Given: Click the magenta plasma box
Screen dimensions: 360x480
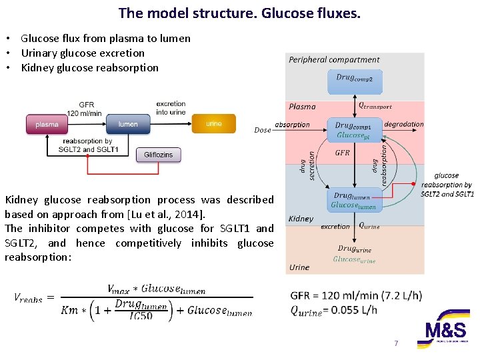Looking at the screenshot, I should (x=47, y=124).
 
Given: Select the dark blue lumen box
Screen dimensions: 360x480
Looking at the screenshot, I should (x=128, y=124).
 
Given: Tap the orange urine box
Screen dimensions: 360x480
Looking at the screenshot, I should (x=213, y=123).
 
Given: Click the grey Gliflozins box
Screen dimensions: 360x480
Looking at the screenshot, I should (x=158, y=155).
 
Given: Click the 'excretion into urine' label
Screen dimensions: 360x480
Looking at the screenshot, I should (x=171, y=108).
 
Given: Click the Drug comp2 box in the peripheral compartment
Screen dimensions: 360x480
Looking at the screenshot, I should (x=355, y=81).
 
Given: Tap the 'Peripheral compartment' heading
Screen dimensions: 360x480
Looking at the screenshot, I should (x=334, y=60).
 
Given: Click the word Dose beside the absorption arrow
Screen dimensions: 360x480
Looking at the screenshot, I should (x=263, y=131).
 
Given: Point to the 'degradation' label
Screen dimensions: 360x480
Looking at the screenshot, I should (x=404, y=124).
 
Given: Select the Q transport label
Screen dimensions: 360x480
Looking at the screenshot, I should (x=375, y=105).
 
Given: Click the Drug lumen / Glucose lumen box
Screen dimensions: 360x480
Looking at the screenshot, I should (x=354, y=201).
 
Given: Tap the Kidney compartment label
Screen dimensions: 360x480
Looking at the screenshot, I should (x=301, y=219).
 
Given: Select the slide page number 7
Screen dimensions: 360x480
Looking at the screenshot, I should (x=396, y=343).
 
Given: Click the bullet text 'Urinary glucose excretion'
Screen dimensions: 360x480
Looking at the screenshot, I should (x=83, y=53).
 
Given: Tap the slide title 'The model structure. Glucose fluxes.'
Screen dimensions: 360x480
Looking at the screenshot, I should (x=239, y=13).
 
